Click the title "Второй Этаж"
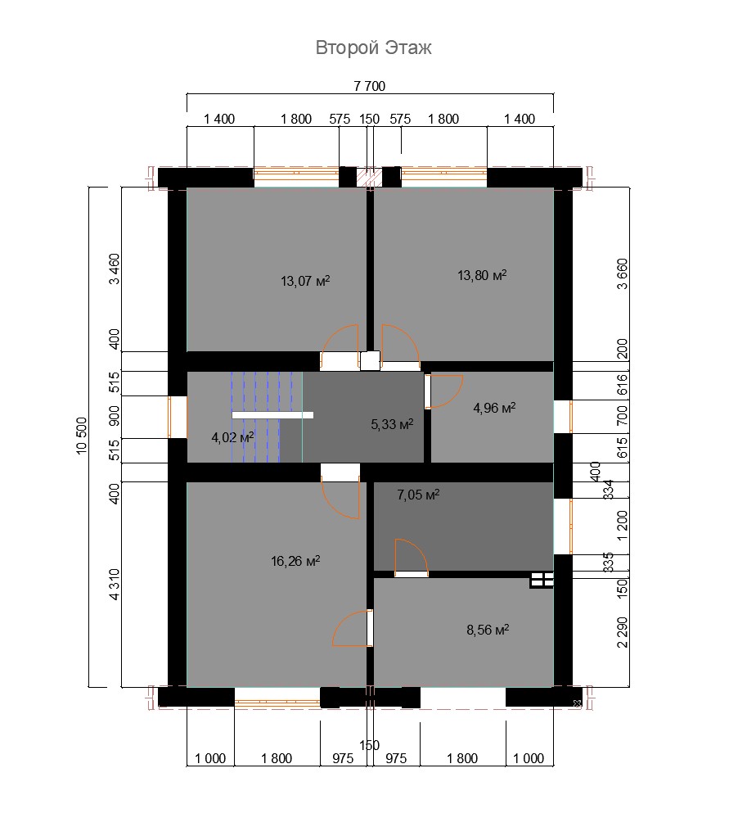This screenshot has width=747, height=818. pos(373,47)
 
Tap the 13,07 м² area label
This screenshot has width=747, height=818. pos(305,281)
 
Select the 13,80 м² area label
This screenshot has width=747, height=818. pos(482,274)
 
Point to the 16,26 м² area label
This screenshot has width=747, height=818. pos(295,561)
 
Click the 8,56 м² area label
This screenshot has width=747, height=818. pos(488,630)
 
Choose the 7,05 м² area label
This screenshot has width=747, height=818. pos(418,494)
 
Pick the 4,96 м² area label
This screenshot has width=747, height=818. pos(494,408)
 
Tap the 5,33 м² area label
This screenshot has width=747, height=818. pos(392,424)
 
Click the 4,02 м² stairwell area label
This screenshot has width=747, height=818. pos(232,437)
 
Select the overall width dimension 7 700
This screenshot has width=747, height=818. pos(370,86)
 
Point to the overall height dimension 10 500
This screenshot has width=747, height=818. pos(82,436)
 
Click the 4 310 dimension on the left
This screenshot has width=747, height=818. pos(115,585)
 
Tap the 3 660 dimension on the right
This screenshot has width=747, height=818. pos(623,273)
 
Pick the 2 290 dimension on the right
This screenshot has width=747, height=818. pos(623,632)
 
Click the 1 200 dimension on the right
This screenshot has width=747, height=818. pos(623,526)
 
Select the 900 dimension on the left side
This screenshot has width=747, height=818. pos(115,416)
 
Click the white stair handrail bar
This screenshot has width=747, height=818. pos(272,415)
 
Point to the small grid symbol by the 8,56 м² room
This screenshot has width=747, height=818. pos(542,580)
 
